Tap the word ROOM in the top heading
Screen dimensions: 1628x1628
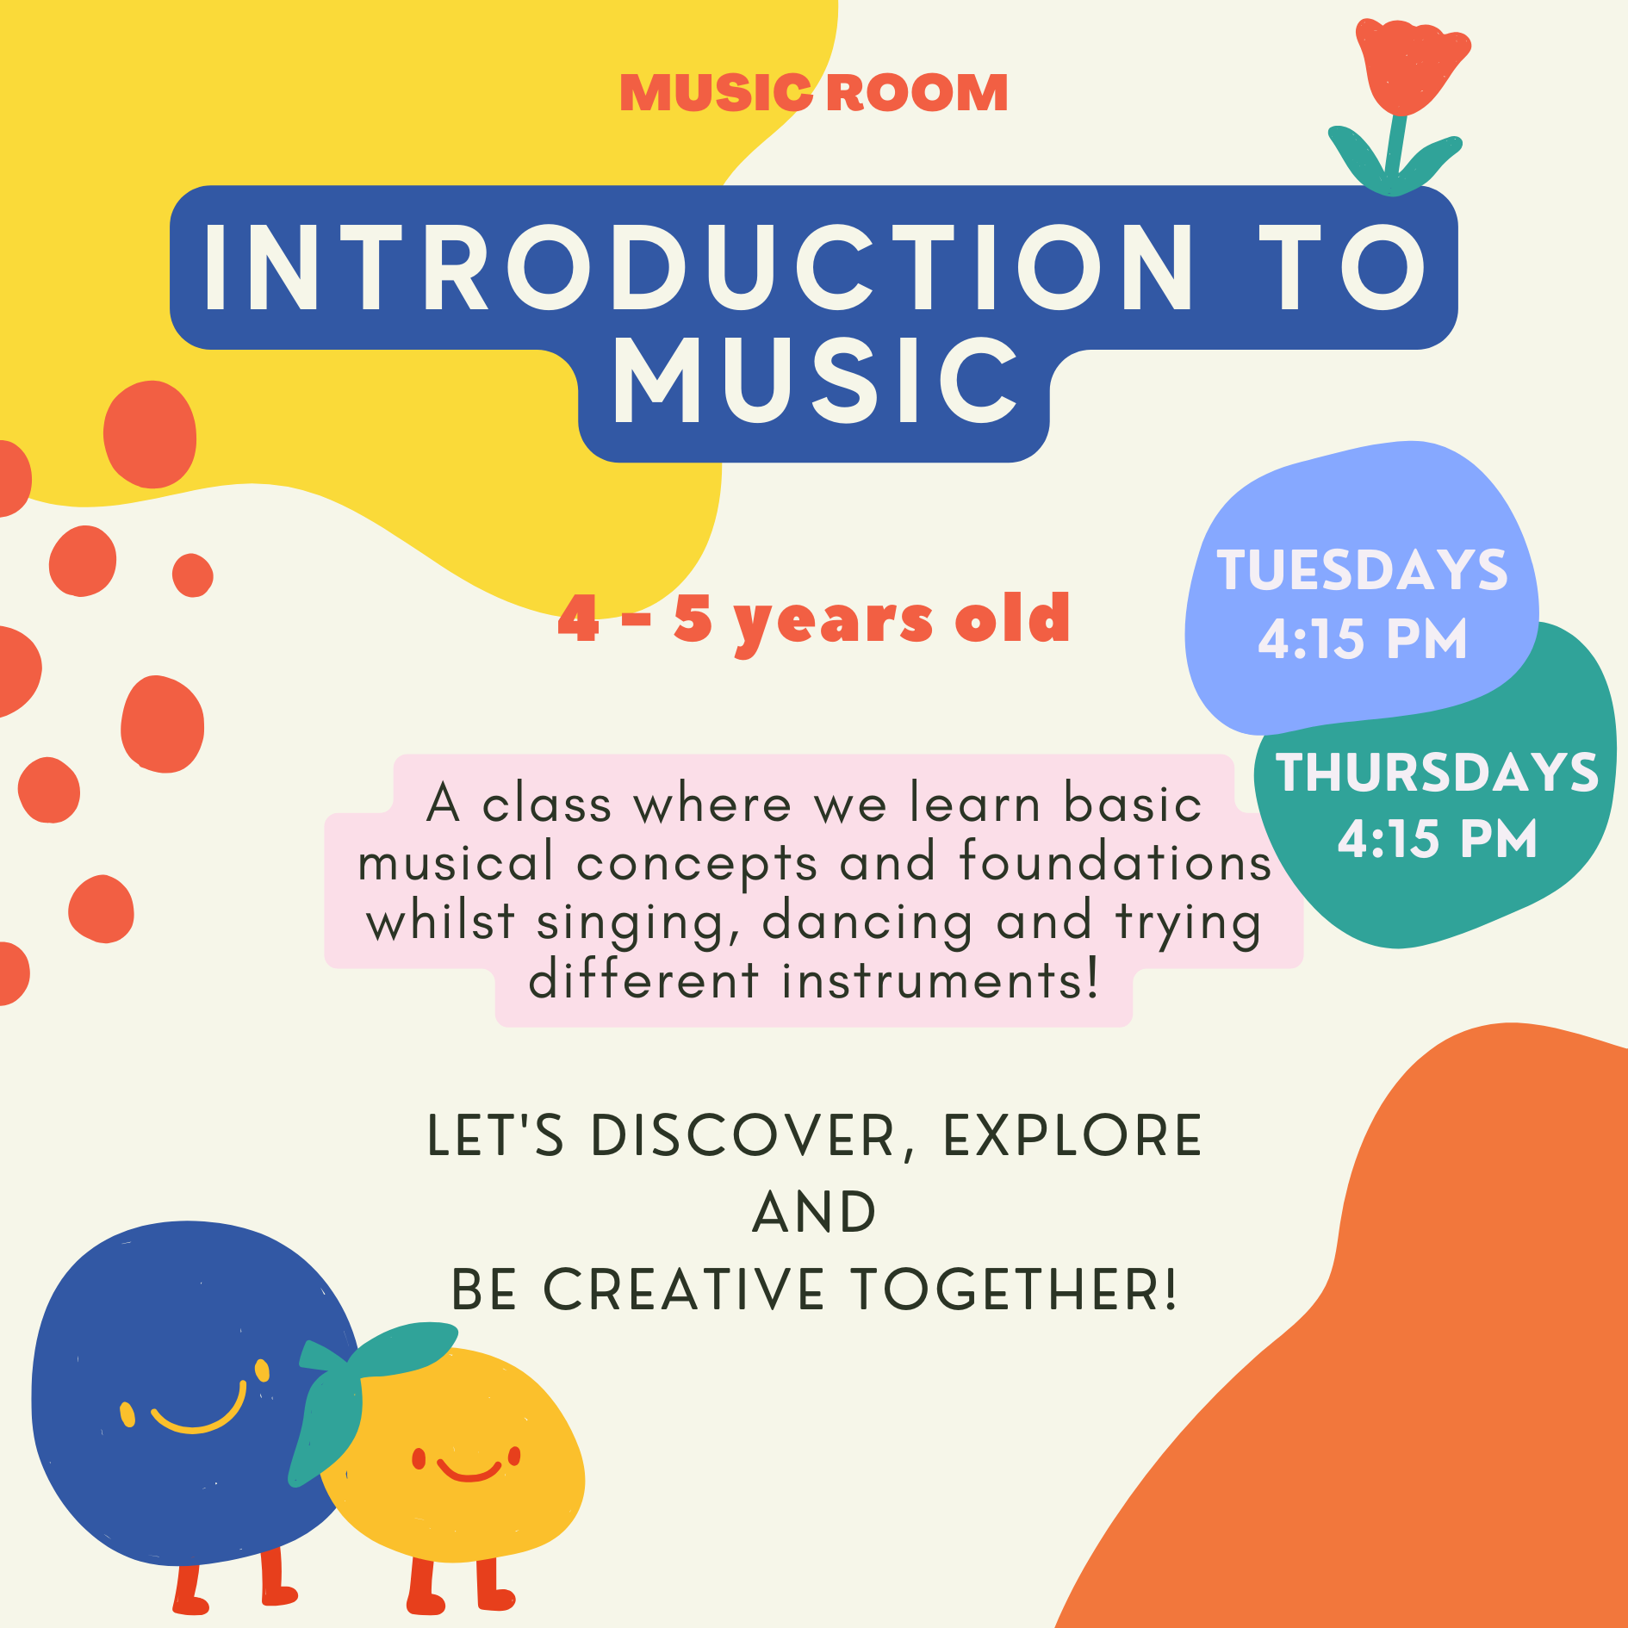[x=917, y=93]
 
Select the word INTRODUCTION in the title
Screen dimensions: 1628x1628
[x=699, y=268]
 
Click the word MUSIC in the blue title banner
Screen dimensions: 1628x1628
[x=814, y=381]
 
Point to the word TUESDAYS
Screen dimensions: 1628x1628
[x=1362, y=570]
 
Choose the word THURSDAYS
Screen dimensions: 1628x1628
[x=1437, y=772]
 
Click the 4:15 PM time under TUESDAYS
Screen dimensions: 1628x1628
[x=1362, y=639]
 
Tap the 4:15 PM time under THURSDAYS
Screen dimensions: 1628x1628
[x=1437, y=839]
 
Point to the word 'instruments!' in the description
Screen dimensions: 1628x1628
[x=941, y=981]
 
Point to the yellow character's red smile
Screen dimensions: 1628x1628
[x=469, y=1470]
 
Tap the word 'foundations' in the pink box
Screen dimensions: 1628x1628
[x=1115, y=862]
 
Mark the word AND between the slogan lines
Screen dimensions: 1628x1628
[x=814, y=1213]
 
